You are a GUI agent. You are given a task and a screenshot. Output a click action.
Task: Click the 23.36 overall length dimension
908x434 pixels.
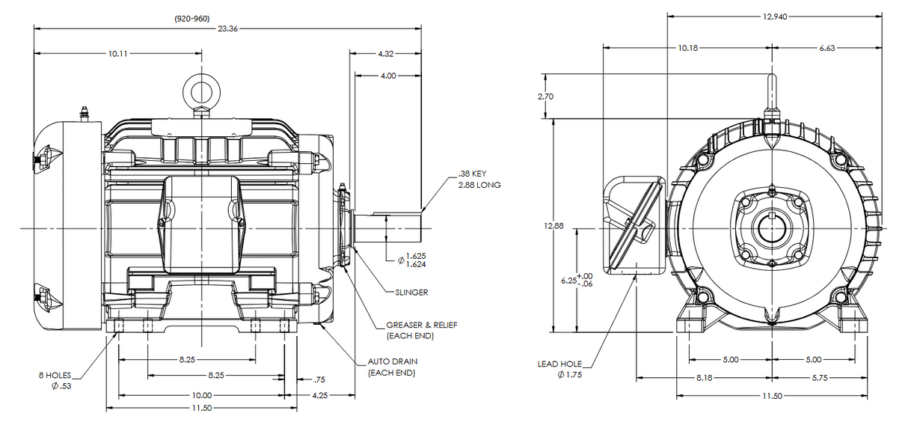228,28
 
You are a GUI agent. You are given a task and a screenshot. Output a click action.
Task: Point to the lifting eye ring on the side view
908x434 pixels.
200,92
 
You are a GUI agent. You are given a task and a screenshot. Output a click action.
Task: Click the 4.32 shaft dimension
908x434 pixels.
386,54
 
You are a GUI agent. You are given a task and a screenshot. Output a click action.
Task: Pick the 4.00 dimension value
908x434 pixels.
388,76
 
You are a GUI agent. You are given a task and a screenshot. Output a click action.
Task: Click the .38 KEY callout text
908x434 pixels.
473,174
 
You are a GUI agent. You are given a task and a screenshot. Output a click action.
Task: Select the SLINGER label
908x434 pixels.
411,293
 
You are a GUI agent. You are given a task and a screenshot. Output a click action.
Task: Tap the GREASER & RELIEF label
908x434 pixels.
421,325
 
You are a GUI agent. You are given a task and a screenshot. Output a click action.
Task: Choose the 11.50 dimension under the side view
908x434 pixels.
202,408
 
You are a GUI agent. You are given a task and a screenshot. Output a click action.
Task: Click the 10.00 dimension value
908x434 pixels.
202,395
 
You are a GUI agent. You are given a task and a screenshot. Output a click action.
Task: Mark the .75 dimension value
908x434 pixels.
319,379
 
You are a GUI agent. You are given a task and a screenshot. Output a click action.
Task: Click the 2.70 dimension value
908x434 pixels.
546,97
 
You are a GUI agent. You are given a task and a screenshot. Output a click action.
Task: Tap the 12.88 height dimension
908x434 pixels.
553,226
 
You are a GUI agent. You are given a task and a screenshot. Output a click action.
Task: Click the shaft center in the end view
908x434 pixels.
770,227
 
